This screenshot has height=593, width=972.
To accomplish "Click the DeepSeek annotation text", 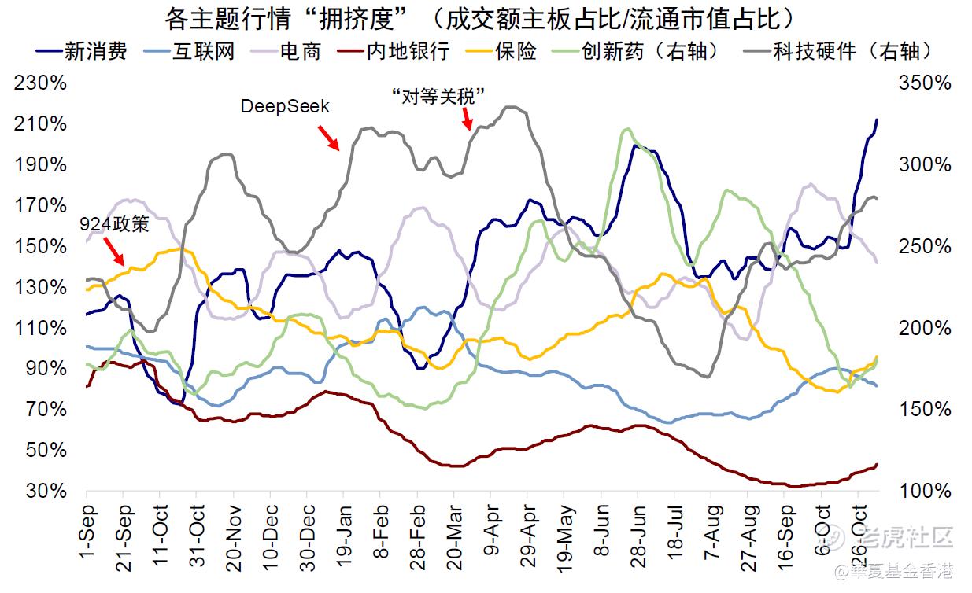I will click(x=285, y=106).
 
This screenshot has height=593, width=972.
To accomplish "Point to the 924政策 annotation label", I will click(x=115, y=225).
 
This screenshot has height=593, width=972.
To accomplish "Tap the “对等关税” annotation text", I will click(x=438, y=95).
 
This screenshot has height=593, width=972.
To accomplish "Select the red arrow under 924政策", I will click(x=115, y=252).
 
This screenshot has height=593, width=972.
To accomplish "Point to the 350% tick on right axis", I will click(x=929, y=83).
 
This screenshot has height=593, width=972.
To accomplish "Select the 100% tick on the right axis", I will click(x=929, y=491).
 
